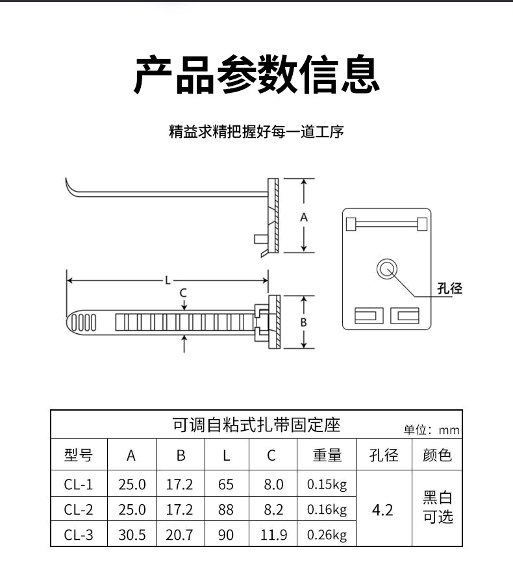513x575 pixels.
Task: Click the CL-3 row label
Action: click(79, 535)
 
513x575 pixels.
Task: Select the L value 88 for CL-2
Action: click(226, 509)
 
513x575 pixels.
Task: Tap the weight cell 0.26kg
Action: click(327, 535)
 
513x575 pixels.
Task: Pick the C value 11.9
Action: click(274, 535)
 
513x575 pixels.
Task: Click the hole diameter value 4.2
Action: click(382, 510)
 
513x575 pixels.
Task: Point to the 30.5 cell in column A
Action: click(132, 535)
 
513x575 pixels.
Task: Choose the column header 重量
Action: click(327, 455)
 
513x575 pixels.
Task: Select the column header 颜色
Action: click(437, 455)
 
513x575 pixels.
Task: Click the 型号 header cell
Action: click(79, 455)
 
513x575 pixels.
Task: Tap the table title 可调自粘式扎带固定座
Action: click(256, 425)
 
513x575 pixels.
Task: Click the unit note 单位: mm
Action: click(432, 429)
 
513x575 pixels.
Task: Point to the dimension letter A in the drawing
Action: click(304, 218)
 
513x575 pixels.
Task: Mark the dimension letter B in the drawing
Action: click(303, 322)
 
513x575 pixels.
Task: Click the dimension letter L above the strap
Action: click(168, 281)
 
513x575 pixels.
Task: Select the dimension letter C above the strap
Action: click(183, 292)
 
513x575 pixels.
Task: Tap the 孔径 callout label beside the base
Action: click(449, 288)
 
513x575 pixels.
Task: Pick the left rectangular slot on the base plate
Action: click(369, 316)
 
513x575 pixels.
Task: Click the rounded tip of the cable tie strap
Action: click(69, 323)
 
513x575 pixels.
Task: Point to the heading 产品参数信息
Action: click(256, 75)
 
